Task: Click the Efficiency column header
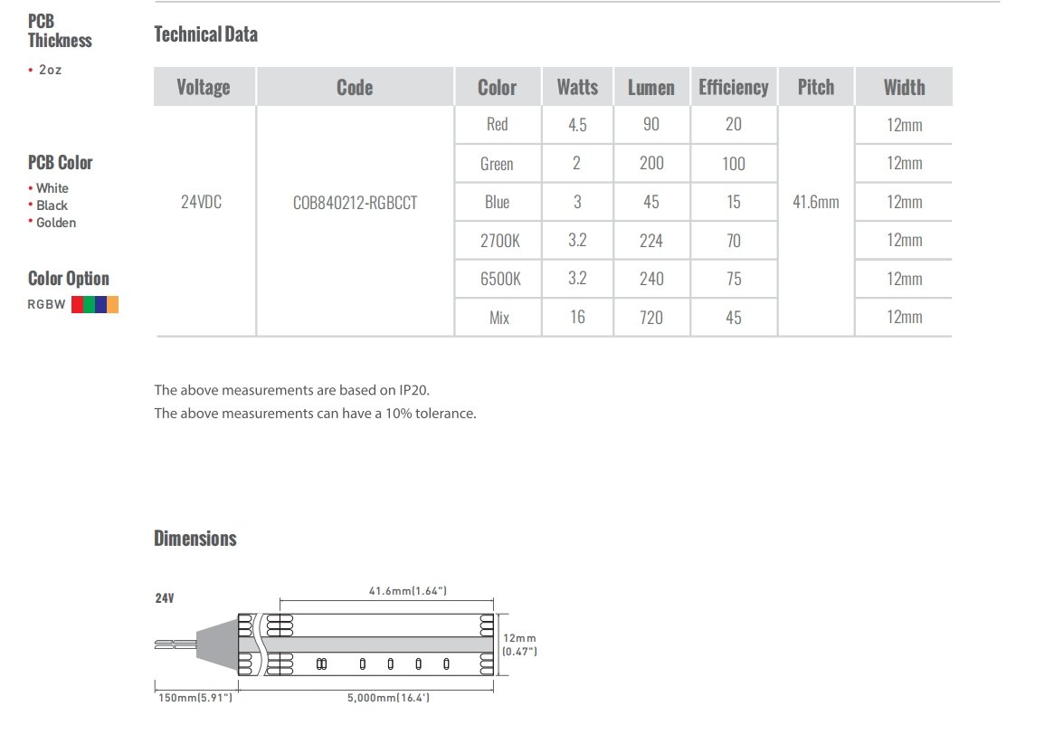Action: (734, 88)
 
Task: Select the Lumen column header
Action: (650, 88)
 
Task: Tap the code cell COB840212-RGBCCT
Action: (355, 203)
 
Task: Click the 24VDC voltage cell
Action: (201, 202)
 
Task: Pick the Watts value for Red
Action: (577, 124)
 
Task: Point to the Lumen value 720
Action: (650, 318)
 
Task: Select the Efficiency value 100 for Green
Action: (734, 164)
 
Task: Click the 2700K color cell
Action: (499, 241)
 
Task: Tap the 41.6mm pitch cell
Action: (815, 202)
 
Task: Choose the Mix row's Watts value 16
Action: (577, 317)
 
